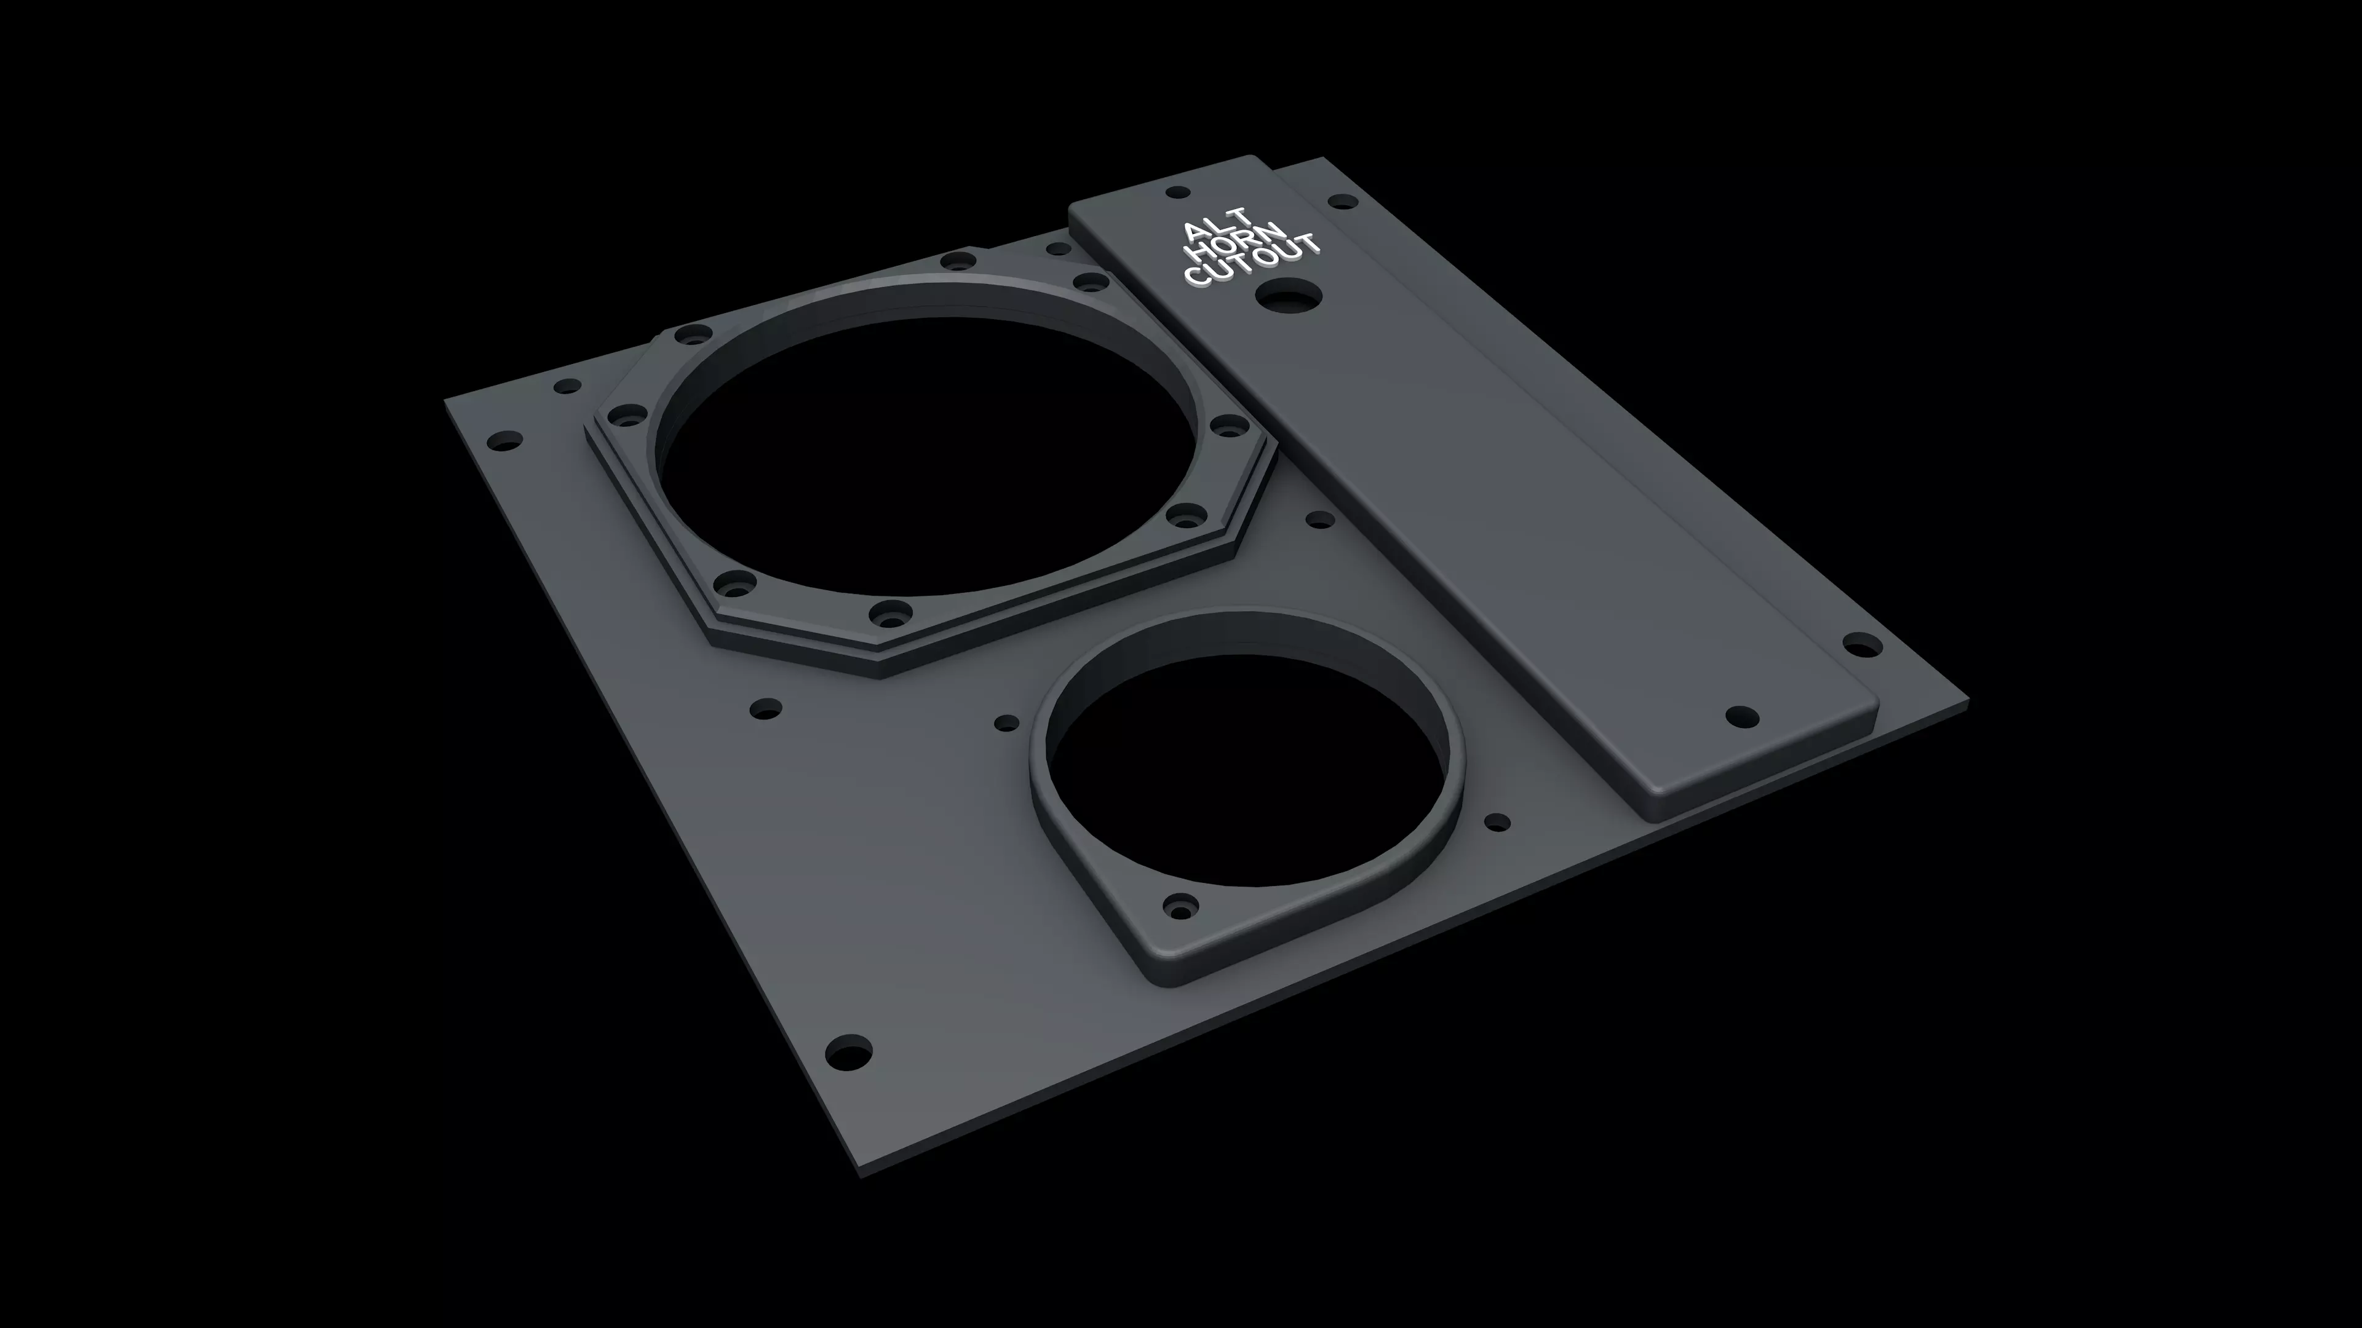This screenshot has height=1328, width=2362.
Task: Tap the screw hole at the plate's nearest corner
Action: coord(848,1052)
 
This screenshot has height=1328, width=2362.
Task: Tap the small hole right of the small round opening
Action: coord(1497,822)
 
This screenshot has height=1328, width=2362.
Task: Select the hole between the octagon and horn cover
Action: coord(1319,520)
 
